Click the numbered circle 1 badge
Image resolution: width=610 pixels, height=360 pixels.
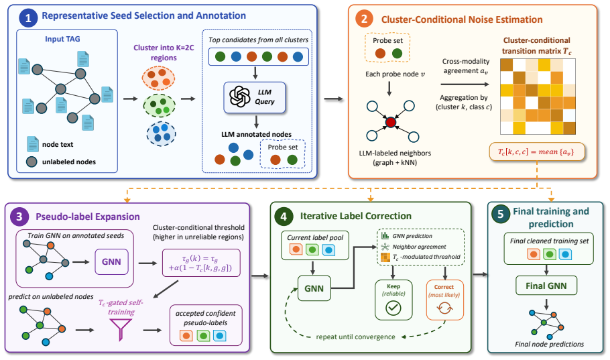point(28,17)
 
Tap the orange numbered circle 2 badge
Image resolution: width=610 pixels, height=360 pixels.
point(364,19)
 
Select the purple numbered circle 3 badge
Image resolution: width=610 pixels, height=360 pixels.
point(19,217)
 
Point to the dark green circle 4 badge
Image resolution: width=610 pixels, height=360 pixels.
point(284,217)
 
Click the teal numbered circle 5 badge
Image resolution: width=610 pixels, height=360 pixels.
point(501,214)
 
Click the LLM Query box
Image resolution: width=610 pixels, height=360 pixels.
point(255,97)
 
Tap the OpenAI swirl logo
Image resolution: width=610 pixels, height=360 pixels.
point(240,97)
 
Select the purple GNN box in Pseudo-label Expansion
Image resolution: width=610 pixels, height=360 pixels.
point(111,262)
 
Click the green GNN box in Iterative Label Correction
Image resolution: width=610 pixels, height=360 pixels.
point(314,288)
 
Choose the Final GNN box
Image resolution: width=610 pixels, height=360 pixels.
point(546,286)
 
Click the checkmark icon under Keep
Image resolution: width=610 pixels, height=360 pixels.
point(393,308)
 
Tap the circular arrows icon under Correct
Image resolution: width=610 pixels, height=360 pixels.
point(444,308)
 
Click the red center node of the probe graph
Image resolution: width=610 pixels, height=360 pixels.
point(391,123)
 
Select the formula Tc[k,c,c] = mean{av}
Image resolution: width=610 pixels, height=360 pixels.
point(536,152)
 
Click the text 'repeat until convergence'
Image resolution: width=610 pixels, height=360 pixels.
point(355,337)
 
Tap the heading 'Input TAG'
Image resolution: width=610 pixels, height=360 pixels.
point(62,39)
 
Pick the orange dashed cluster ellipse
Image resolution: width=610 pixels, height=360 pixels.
point(158,78)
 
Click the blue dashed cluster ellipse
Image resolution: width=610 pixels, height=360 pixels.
point(161,133)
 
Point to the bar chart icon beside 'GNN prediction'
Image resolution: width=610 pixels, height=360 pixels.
point(385,235)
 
